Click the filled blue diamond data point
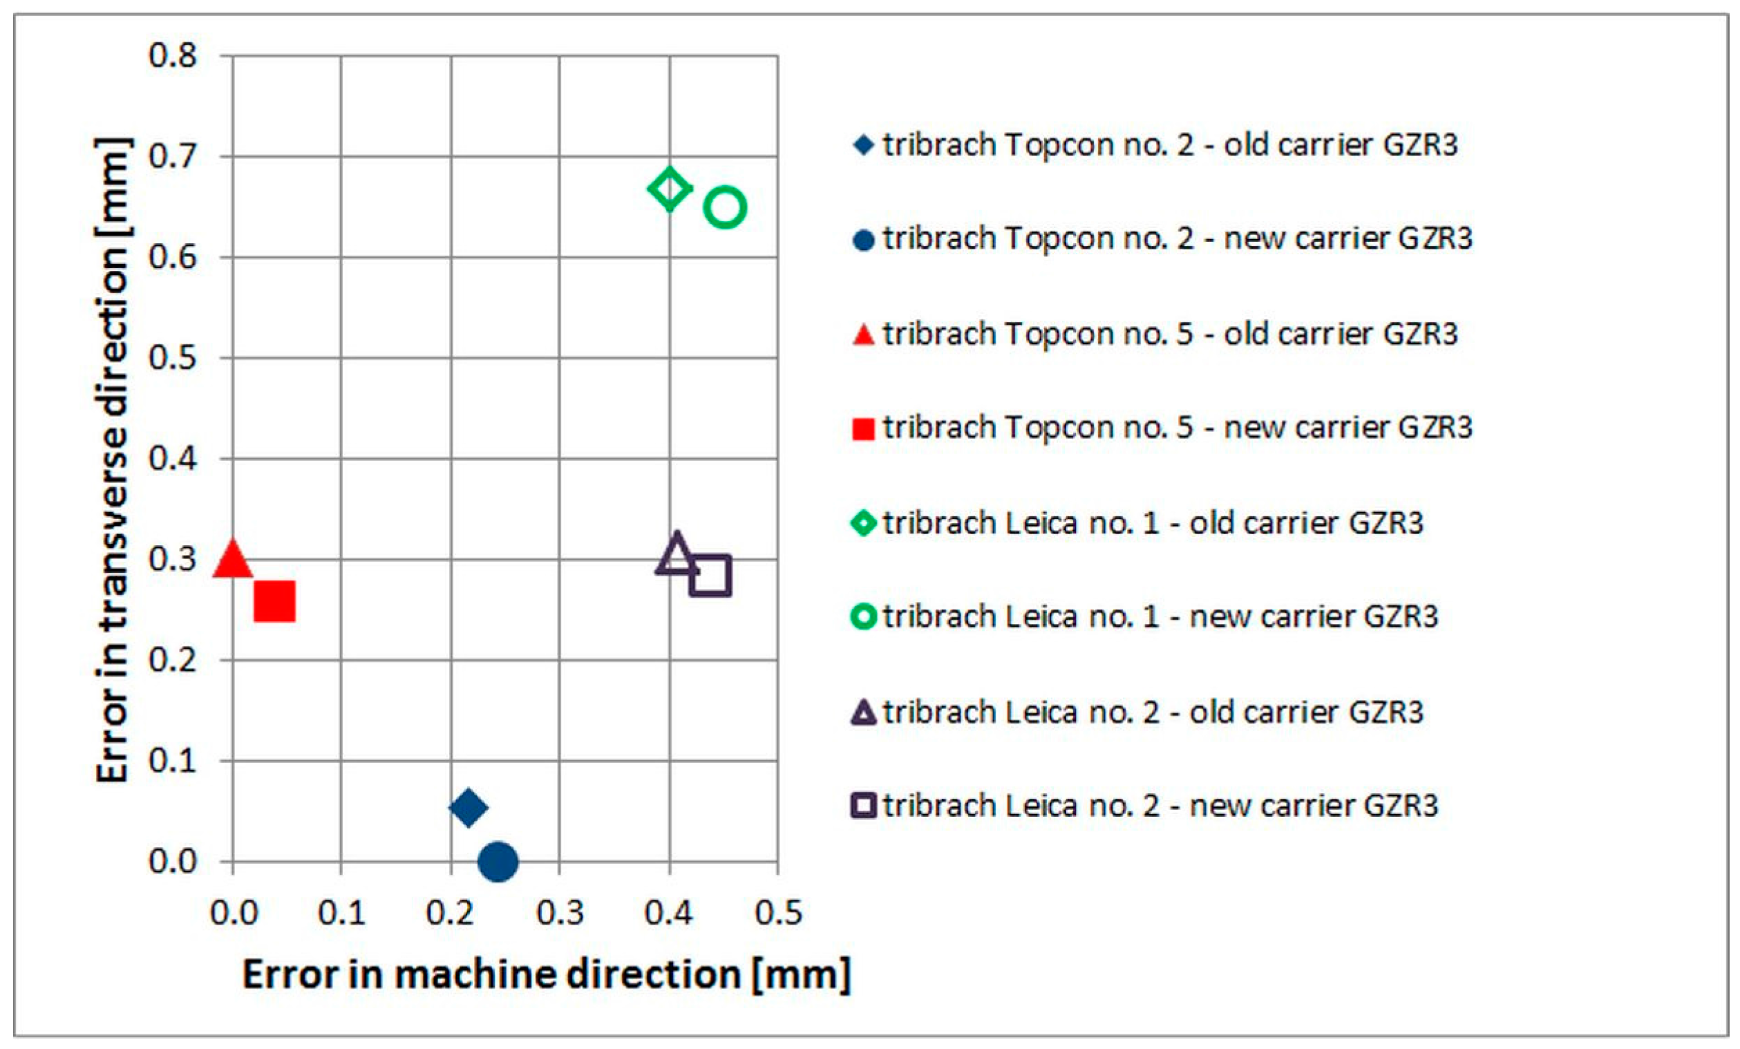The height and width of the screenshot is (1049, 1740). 469,806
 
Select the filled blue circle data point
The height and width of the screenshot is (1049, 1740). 498,861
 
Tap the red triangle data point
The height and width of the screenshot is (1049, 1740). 232,559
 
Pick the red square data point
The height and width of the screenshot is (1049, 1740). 274,601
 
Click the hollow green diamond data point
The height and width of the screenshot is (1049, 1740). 669,189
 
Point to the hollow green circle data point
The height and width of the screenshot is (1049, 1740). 724,207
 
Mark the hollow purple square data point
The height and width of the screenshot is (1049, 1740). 710,575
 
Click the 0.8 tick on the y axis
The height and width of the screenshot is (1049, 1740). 172,55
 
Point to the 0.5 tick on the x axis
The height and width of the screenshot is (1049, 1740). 778,913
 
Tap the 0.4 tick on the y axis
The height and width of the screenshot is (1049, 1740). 172,458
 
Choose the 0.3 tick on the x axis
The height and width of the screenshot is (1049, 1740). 559,913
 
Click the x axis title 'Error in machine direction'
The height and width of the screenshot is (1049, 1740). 547,974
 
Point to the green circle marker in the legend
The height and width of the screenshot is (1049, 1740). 863,616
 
